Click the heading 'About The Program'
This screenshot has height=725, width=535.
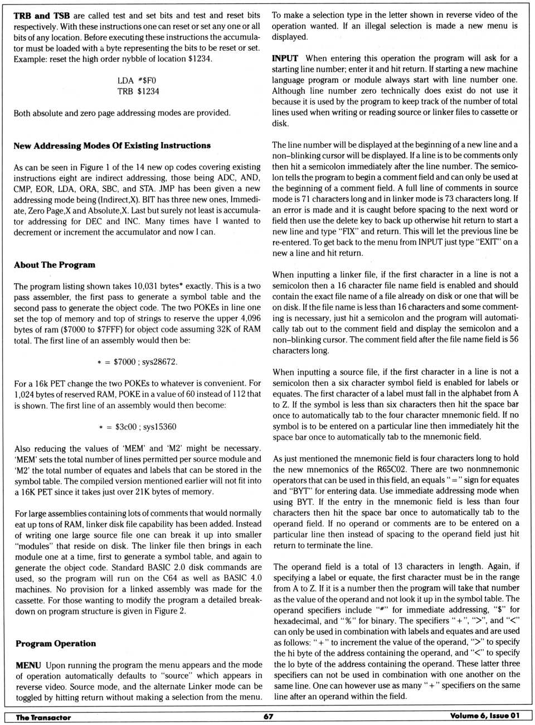pos(55,265)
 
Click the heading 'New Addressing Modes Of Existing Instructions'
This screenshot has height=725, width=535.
pos(112,146)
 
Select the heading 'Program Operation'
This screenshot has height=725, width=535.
pos(56,644)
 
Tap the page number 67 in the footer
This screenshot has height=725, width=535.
pos(268,717)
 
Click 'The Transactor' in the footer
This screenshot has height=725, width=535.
pos(43,717)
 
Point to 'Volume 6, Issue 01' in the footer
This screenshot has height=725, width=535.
pos(485,716)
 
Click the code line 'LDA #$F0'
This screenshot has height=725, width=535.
pos(137,80)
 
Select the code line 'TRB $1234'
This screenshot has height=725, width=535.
pos(138,91)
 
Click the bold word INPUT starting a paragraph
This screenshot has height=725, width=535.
pos(285,58)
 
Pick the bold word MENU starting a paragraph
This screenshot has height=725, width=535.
pos(28,665)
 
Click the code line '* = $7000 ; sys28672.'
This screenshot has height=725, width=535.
pos(137,362)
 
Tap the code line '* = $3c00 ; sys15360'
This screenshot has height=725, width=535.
pos(137,427)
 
